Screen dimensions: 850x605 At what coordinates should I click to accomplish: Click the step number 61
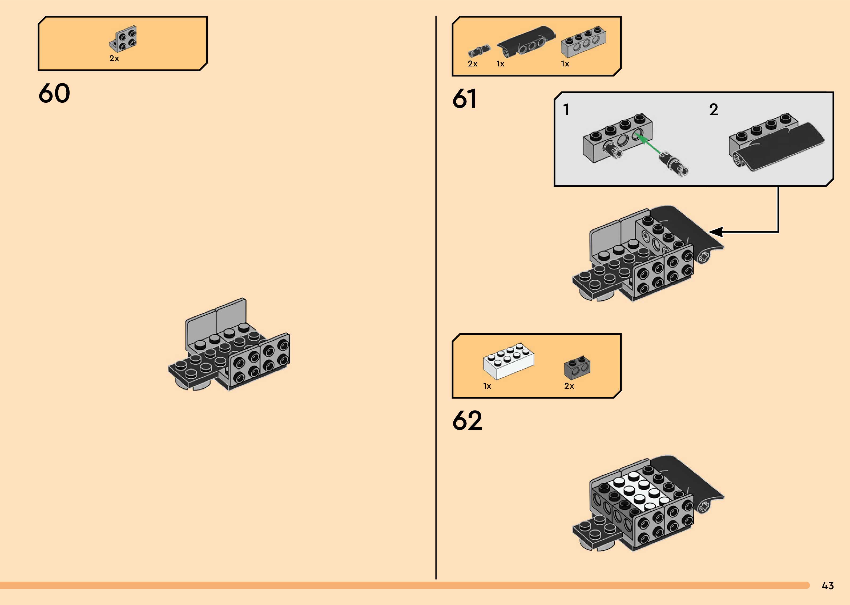point(465,99)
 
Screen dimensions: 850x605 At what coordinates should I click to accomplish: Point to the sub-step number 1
point(566,110)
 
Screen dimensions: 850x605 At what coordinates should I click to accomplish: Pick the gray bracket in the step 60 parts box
point(124,39)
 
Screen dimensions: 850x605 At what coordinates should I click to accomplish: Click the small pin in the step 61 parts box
point(479,51)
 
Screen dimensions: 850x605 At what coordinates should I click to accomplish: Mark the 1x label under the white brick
point(487,386)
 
